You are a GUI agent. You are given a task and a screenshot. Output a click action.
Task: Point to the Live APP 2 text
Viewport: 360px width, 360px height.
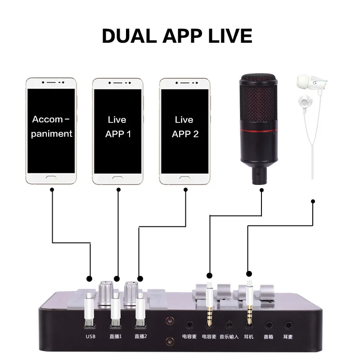point(184,126)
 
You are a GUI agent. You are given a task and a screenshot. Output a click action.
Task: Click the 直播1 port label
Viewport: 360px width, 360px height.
point(115,336)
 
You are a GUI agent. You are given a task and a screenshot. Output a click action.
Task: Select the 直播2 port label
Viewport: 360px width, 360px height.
point(141,336)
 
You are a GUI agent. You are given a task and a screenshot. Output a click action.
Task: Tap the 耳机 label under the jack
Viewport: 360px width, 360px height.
point(249,336)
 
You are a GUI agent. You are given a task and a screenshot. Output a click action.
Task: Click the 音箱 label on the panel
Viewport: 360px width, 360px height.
point(269,336)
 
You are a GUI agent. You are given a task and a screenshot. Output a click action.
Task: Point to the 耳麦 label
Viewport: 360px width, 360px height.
point(289,336)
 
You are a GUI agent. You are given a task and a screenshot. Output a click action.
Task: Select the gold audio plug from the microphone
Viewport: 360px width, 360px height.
point(209,310)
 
